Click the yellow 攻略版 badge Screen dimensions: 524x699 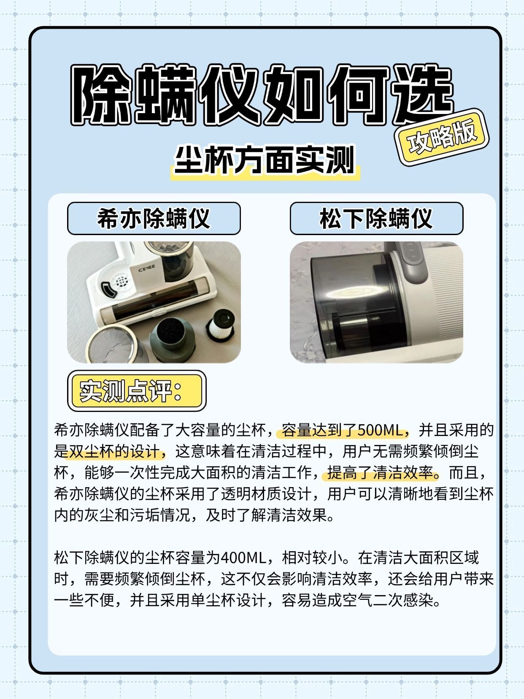tap(442, 138)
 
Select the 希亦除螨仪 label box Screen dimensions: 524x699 tap(154, 219)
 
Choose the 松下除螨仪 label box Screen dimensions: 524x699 tap(376, 219)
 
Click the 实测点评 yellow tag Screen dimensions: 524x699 tap(137, 391)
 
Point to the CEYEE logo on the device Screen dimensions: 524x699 tap(147, 268)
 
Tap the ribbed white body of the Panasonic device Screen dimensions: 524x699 tap(442, 296)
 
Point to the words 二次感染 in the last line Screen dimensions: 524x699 tap(403, 601)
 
